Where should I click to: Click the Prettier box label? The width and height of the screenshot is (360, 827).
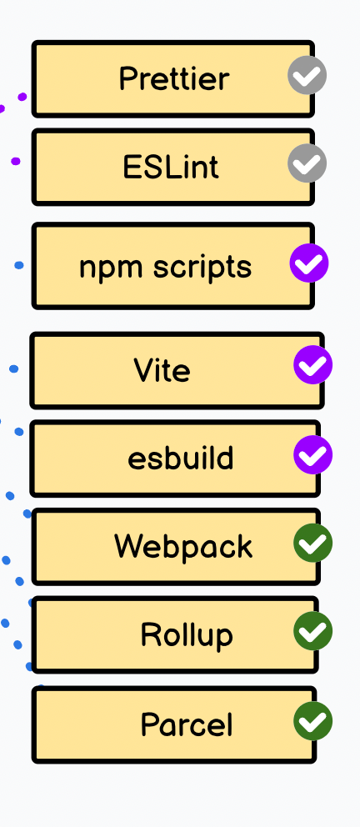pos(174,79)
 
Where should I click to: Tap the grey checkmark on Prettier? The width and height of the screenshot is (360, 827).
pos(307,75)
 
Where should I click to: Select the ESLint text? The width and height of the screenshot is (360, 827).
pos(171,168)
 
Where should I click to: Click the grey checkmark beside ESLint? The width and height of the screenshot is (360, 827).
pos(307,163)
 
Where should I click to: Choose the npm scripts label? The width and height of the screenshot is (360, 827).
pos(166,268)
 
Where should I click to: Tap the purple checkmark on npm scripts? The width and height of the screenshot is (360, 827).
pos(309,263)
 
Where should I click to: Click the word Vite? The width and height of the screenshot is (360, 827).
pos(162,369)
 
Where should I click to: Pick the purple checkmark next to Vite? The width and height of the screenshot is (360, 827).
pos(313,365)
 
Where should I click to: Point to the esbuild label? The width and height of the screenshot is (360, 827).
pos(180,458)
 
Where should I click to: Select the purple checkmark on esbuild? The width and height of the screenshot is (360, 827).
pos(313,455)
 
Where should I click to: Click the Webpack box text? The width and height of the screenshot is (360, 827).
pos(183,547)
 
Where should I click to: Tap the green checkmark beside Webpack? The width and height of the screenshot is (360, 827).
pos(313,544)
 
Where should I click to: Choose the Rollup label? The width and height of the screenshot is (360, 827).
pos(187,635)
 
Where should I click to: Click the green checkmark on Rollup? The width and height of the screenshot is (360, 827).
pos(313,631)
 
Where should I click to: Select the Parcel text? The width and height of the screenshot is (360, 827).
pos(187,724)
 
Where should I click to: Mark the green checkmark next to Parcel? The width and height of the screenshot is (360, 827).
pos(313,721)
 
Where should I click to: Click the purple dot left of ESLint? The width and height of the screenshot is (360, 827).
pos(16,161)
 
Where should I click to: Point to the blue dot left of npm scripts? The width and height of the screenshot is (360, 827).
pos(19,265)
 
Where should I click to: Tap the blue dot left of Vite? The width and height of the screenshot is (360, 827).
pos(13,368)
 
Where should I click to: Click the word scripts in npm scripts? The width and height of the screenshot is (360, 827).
pos(202,268)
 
